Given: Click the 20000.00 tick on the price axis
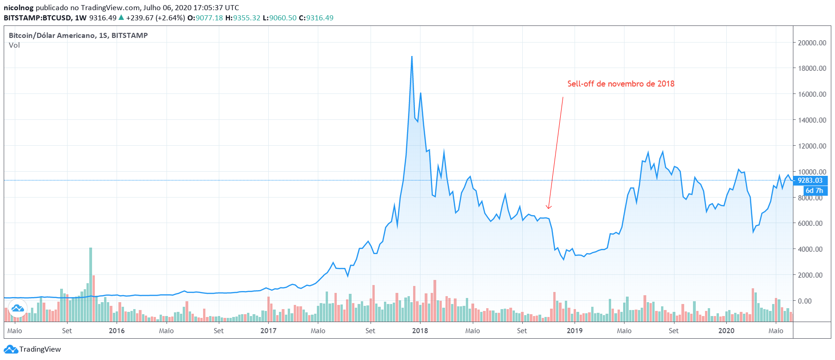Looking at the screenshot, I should (812, 43).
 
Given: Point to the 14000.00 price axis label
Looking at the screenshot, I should (812, 120).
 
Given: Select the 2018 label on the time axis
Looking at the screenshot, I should (420, 330).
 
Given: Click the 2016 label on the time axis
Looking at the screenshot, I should (117, 330).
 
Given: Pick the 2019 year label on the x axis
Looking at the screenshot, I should (575, 330).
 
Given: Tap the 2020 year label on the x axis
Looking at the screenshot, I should (726, 330).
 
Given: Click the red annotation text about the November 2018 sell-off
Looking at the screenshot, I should (621, 84).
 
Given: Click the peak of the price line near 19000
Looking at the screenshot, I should (412, 57).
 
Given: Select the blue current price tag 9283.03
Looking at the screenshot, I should (810, 180).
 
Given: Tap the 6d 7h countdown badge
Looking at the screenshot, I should (814, 190).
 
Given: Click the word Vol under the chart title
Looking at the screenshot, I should (14, 45).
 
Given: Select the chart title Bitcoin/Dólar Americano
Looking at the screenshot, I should (78, 35).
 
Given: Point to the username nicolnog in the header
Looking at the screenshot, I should (19, 7).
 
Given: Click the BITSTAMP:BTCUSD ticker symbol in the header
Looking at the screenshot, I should (37, 18).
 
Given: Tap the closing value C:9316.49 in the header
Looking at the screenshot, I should (316, 18).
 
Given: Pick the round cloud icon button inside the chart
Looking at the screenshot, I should (18, 308).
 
